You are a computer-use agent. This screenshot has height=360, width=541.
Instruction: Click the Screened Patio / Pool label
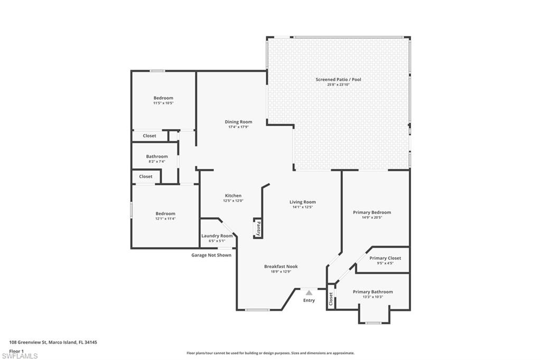[338, 80]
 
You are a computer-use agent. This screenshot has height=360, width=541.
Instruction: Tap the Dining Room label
[238, 122]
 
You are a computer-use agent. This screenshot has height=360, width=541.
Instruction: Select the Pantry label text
[258, 228]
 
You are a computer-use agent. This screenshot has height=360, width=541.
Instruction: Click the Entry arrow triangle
[309, 292]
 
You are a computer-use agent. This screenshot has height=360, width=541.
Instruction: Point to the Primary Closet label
[385, 258]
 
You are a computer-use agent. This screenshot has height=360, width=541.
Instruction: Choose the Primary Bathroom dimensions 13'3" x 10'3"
[372, 297]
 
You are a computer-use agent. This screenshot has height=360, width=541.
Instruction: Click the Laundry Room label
[217, 236]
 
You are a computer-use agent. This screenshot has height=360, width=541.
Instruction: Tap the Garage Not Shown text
[211, 255]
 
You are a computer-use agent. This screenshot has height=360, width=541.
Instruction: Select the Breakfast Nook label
[281, 267]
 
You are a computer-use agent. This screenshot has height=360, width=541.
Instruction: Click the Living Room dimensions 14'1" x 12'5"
[302, 207]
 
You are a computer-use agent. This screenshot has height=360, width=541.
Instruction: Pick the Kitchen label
[233, 196]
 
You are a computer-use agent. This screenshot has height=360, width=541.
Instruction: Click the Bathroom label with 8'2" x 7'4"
[157, 156]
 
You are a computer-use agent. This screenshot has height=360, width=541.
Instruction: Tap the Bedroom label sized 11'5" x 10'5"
[163, 98]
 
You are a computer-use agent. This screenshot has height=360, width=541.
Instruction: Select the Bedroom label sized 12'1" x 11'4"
[165, 213]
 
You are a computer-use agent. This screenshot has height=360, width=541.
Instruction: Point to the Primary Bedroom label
[372, 212]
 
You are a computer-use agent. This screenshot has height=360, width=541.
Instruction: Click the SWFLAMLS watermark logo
[20, 355]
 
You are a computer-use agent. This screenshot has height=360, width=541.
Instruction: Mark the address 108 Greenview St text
[53, 342]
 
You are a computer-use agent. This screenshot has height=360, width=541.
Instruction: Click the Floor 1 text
[16, 350]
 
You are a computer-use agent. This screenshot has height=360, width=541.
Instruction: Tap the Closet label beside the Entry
[331, 300]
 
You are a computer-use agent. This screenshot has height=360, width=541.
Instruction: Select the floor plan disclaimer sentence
[270, 353]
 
